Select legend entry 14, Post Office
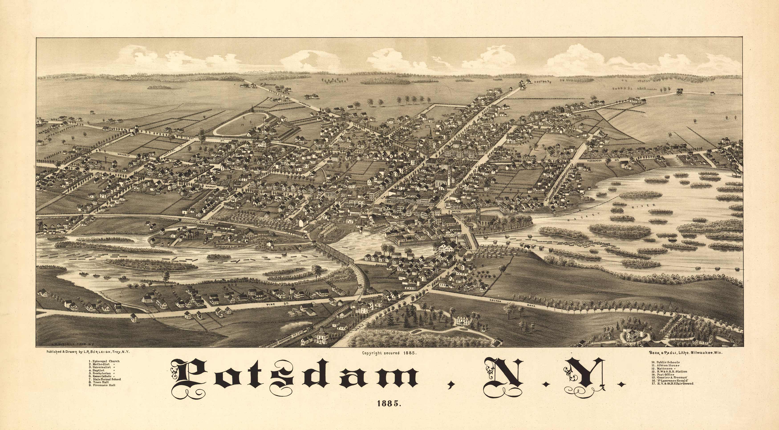point(663,374)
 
